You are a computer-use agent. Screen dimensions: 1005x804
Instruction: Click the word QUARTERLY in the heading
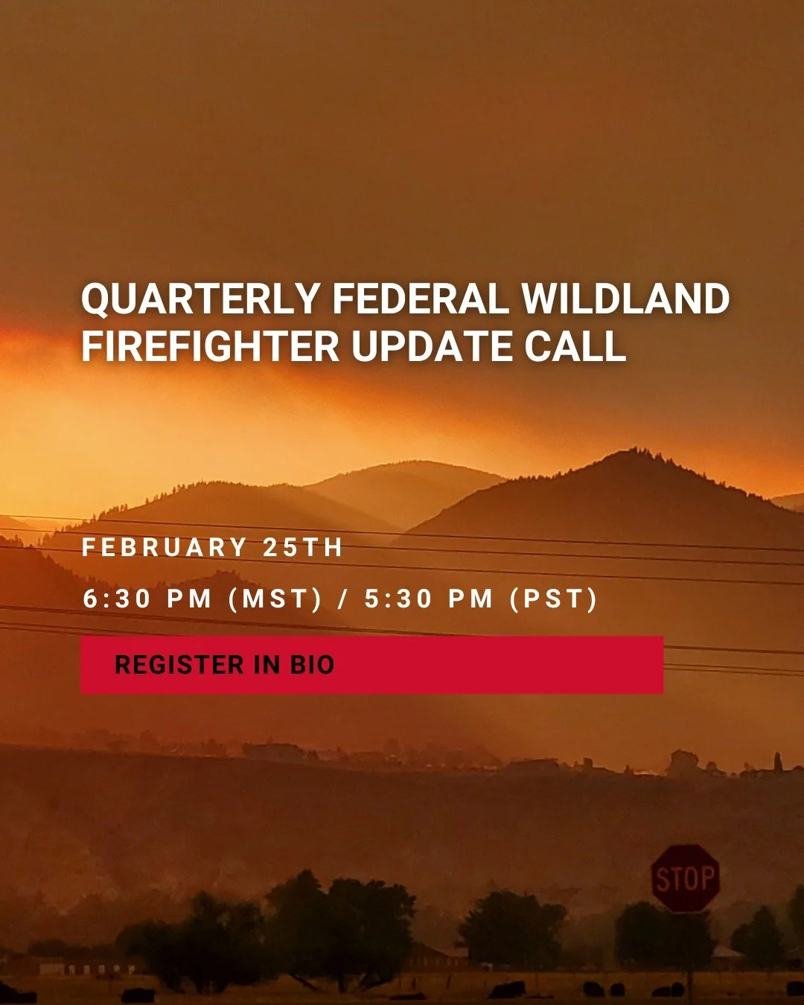click(x=200, y=299)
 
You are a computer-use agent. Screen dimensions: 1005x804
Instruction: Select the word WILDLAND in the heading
click(x=625, y=299)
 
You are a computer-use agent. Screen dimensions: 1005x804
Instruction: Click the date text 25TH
click(x=302, y=548)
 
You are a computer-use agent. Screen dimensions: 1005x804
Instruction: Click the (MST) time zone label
click(x=275, y=599)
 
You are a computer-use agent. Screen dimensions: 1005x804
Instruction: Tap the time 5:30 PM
click(x=429, y=599)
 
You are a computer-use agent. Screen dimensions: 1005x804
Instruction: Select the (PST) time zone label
click(x=554, y=599)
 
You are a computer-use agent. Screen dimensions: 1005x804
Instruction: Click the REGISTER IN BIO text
click(x=224, y=665)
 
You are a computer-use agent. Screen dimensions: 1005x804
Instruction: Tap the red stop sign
click(x=686, y=878)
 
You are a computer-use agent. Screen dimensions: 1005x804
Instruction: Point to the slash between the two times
click(x=343, y=599)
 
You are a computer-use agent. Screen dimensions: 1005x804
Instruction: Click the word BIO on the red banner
click(x=312, y=665)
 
